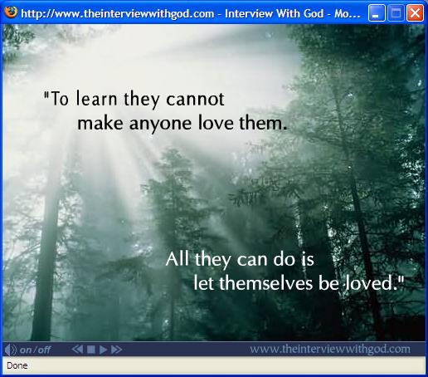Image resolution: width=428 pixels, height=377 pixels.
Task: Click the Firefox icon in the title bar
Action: (11, 12)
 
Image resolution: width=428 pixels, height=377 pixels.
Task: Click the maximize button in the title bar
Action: (396, 13)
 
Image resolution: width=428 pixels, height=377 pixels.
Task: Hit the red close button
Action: (415, 13)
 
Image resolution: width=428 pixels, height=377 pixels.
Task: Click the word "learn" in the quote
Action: (97, 99)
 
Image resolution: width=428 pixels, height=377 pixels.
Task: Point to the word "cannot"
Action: (195, 99)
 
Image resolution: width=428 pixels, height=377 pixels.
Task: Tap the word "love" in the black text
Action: (216, 123)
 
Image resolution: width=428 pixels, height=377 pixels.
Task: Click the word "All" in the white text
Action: (178, 259)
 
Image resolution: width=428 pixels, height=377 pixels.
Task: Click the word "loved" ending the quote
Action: (369, 283)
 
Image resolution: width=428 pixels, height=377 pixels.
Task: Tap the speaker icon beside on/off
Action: (11, 350)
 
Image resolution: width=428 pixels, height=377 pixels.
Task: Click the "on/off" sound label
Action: (35, 350)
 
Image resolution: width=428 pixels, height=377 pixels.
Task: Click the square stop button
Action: (91, 350)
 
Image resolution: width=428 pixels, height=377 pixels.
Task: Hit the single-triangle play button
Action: (103, 350)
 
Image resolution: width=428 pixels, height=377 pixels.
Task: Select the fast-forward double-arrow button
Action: (116, 350)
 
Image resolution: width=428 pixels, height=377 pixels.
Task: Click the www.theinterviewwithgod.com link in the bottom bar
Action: (330, 349)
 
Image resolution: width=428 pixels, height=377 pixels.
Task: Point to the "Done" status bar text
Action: (17, 365)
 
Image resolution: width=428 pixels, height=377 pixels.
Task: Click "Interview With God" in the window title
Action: (274, 13)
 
